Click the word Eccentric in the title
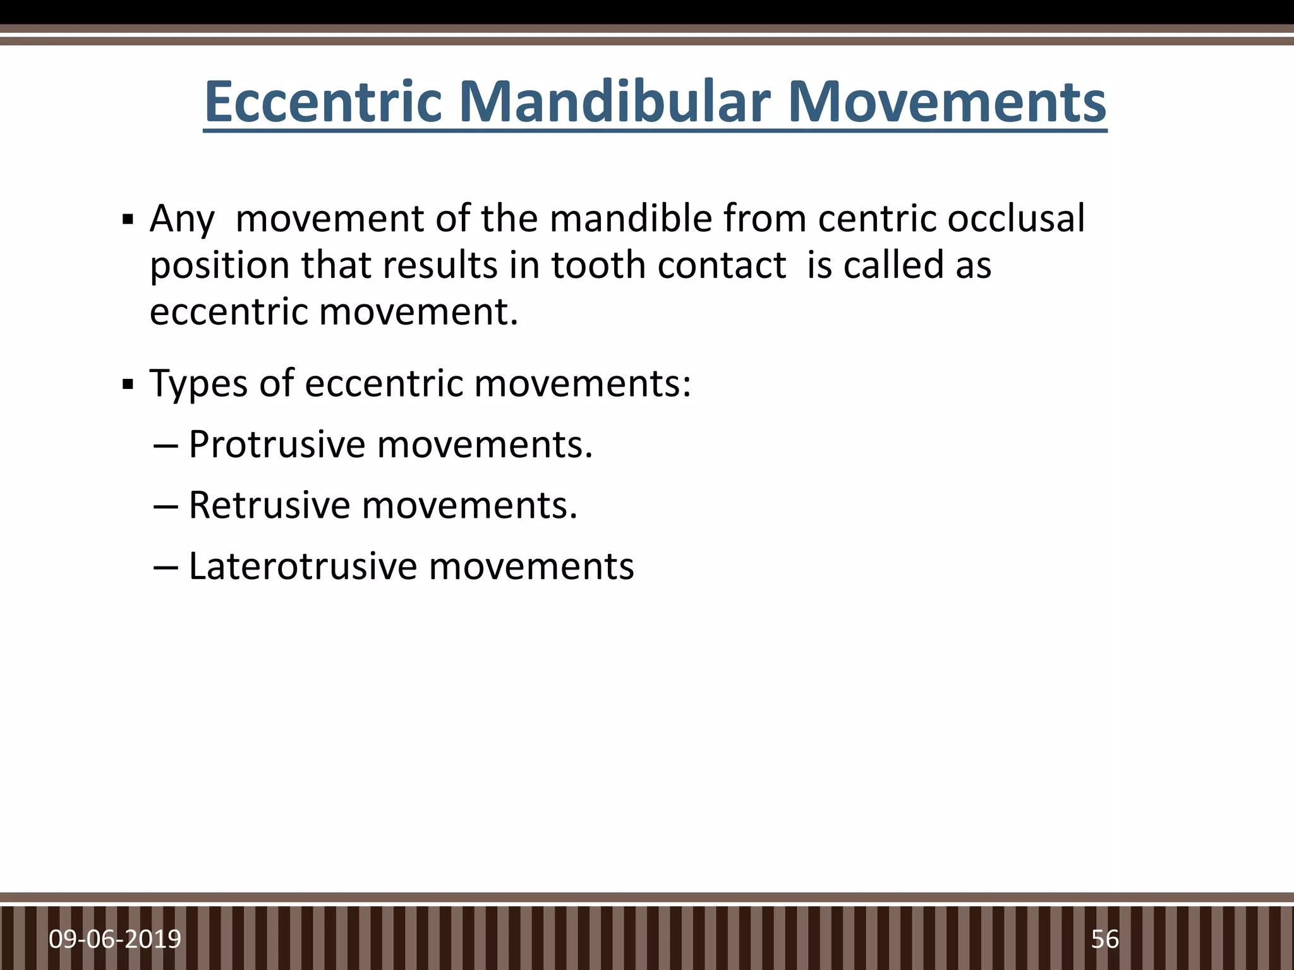click(323, 102)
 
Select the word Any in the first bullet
click(182, 220)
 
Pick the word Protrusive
click(277, 445)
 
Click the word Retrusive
click(269, 505)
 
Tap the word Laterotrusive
click(303, 566)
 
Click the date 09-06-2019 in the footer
click(115, 940)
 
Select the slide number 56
click(1104, 940)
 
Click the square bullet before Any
click(128, 221)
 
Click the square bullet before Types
click(128, 384)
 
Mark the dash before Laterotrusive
click(166, 567)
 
